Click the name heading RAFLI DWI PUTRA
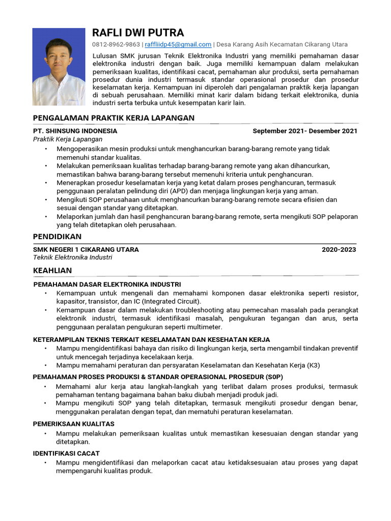(137, 33)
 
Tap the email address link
(178, 45)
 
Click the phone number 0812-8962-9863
(116, 45)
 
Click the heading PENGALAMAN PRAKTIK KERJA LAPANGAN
(114, 118)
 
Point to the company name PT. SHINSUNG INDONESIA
(75, 131)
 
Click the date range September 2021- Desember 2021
(304, 131)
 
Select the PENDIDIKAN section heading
(57, 237)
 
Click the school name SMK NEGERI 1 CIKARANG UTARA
(86, 249)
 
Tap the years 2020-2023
(339, 249)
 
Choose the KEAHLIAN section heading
(52, 270)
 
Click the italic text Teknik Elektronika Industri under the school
(72, 257)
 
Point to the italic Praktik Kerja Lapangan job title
(68, 139)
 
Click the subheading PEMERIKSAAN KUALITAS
(73, 424)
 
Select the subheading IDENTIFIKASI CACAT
(66, 453)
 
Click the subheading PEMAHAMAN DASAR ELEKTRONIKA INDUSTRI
(107, 284)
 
